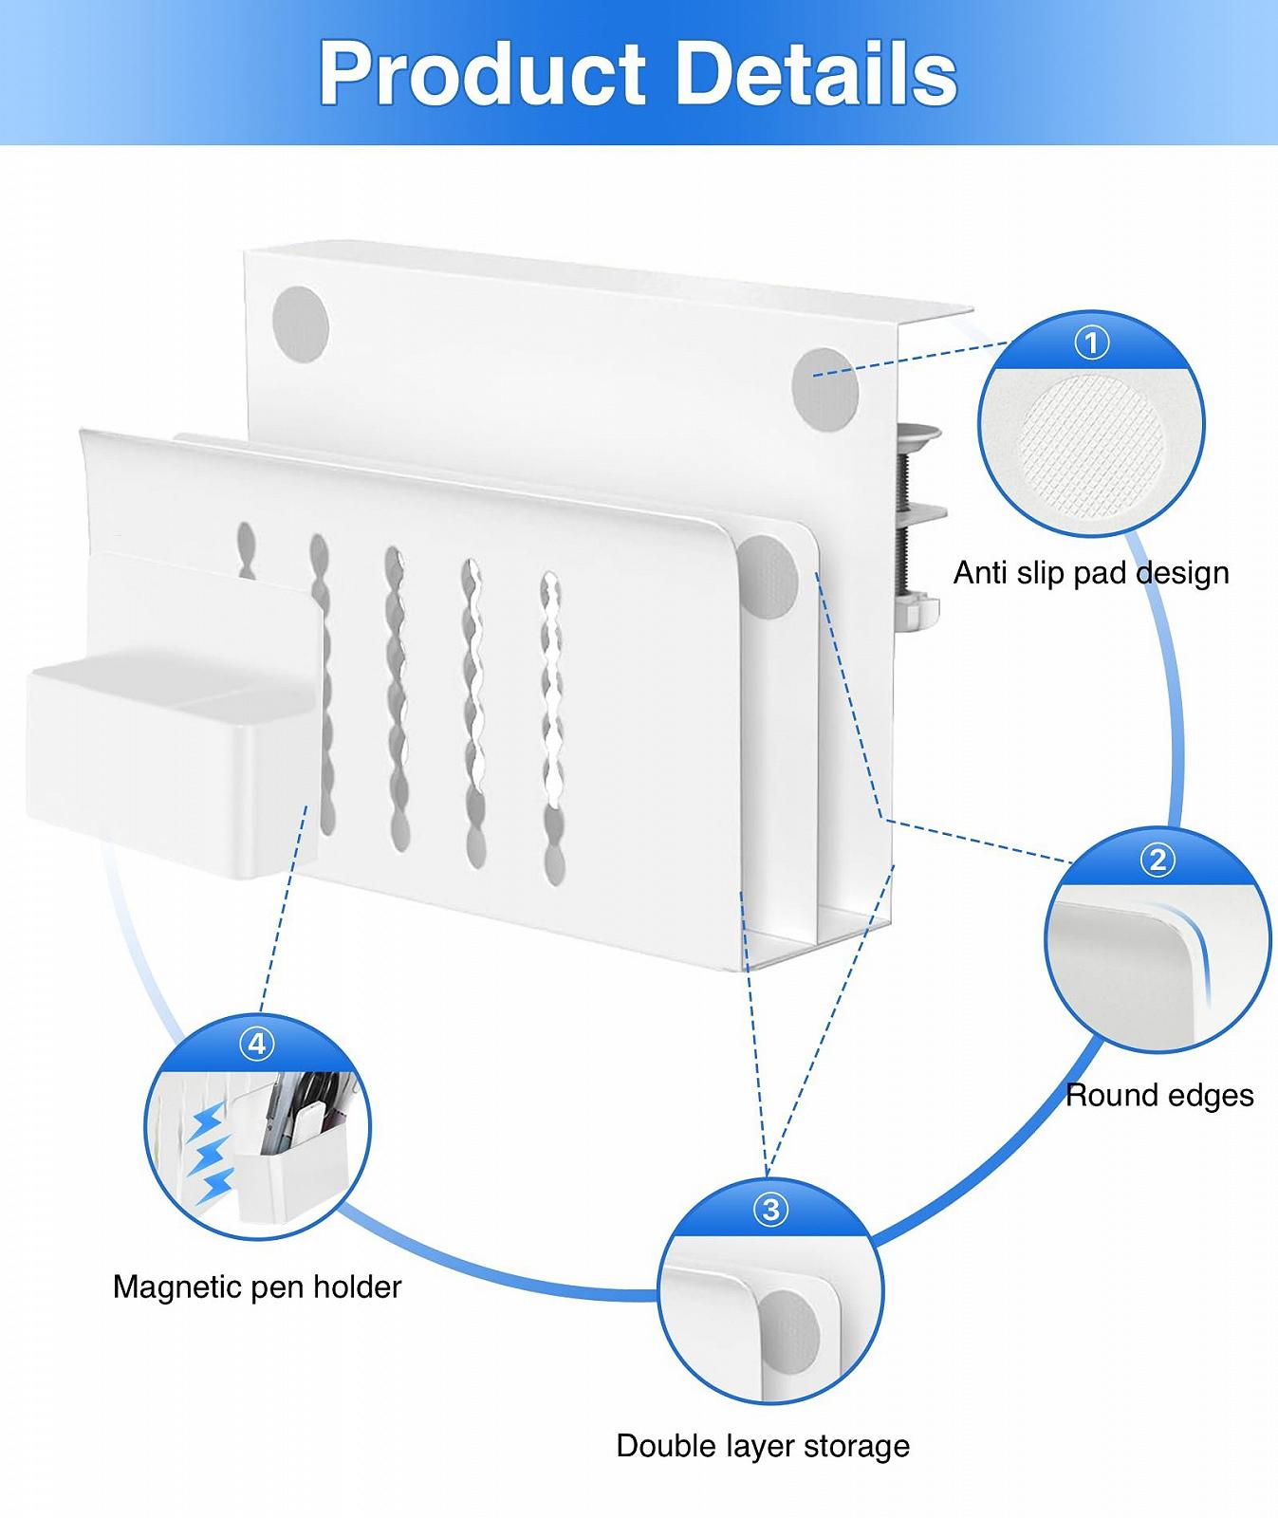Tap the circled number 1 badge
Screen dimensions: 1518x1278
(1091, 342)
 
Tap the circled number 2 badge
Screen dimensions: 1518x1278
(1157, 860)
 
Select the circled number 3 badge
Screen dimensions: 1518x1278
(770, 1210)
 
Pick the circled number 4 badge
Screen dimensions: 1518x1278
(256, 1045)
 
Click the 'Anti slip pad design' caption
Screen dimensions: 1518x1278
(1091, 573)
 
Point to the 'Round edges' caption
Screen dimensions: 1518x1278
(1159, 1096)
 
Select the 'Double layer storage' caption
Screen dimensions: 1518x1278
(763, 1446)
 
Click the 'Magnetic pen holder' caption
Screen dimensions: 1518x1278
(257, 1287)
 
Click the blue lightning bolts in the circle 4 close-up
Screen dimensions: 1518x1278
(213, 1153)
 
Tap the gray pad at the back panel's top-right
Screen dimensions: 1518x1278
(824, 387)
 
